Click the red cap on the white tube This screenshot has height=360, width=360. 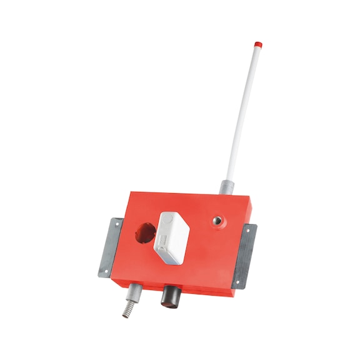click(257, 45)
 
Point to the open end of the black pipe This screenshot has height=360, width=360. click(169, 304)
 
